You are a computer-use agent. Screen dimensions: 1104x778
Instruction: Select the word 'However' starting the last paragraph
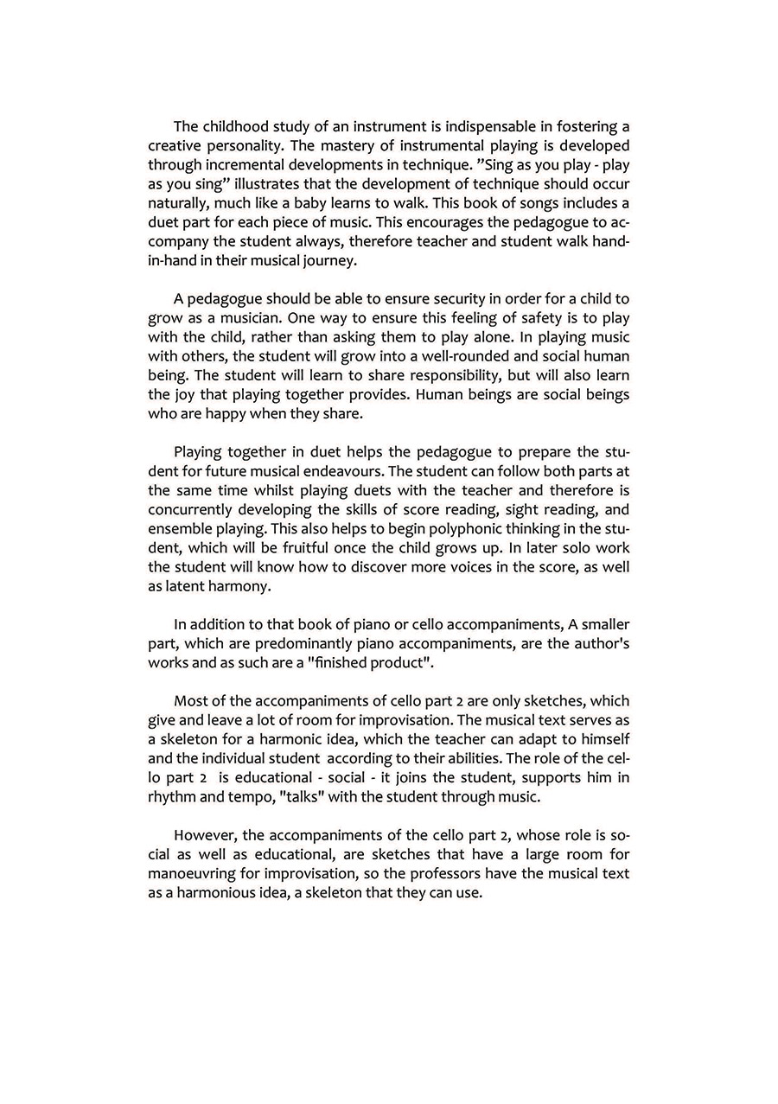(204, 835)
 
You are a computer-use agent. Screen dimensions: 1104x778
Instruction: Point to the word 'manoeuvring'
(189, 873)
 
